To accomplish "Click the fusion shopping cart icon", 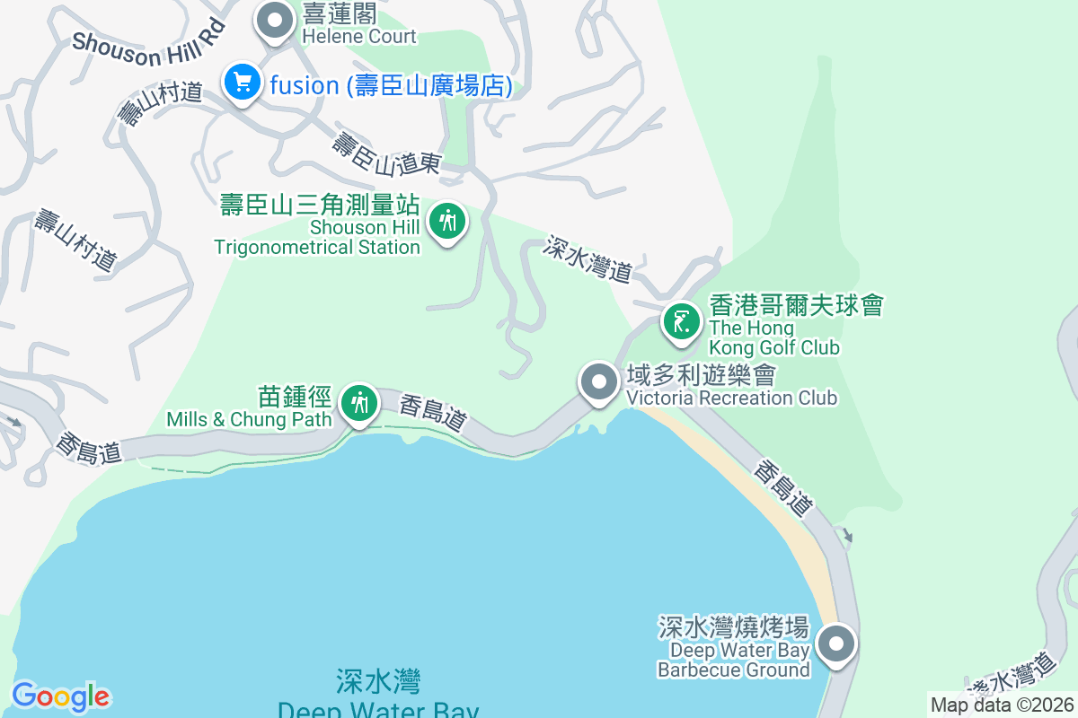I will click(241, 83).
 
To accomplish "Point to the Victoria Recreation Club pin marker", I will click(599, 383).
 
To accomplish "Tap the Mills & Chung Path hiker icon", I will click(360, 404).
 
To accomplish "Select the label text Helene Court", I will click(359, 37).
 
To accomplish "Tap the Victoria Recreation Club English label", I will click(731, 398).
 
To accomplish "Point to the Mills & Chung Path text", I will click(250, 419).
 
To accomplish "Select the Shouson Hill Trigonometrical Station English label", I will click(318, 238).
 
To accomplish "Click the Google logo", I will click(61, 696).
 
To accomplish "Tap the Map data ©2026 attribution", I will click(1002, 705).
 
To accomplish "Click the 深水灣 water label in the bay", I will click(378, 682).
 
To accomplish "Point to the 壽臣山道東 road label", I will click(387, 153).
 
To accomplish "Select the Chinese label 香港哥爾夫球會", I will click(796, 305).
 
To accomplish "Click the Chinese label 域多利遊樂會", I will click(701, 374).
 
